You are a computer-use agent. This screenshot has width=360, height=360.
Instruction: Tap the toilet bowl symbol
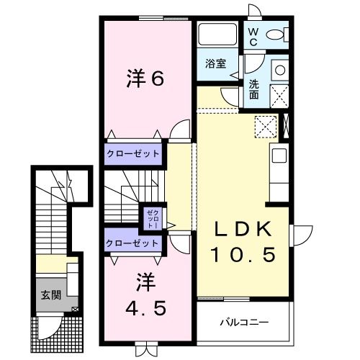click(x=277, y=34)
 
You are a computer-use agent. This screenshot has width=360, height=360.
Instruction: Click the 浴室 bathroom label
click(x=215, y=63)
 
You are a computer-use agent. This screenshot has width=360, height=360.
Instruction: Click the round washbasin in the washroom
click(x=279, y=71)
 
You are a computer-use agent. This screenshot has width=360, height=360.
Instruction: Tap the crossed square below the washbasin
click(x=279, y=94)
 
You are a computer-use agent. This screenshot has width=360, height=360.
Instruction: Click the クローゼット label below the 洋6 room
click(x=133, y=153)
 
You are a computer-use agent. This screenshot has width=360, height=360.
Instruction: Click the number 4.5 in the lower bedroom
click(x=147, y=307)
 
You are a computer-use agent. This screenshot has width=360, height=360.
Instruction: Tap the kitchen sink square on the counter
click(x=279, y=156)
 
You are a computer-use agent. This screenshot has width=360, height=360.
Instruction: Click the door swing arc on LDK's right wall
click(x=302, y=234)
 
